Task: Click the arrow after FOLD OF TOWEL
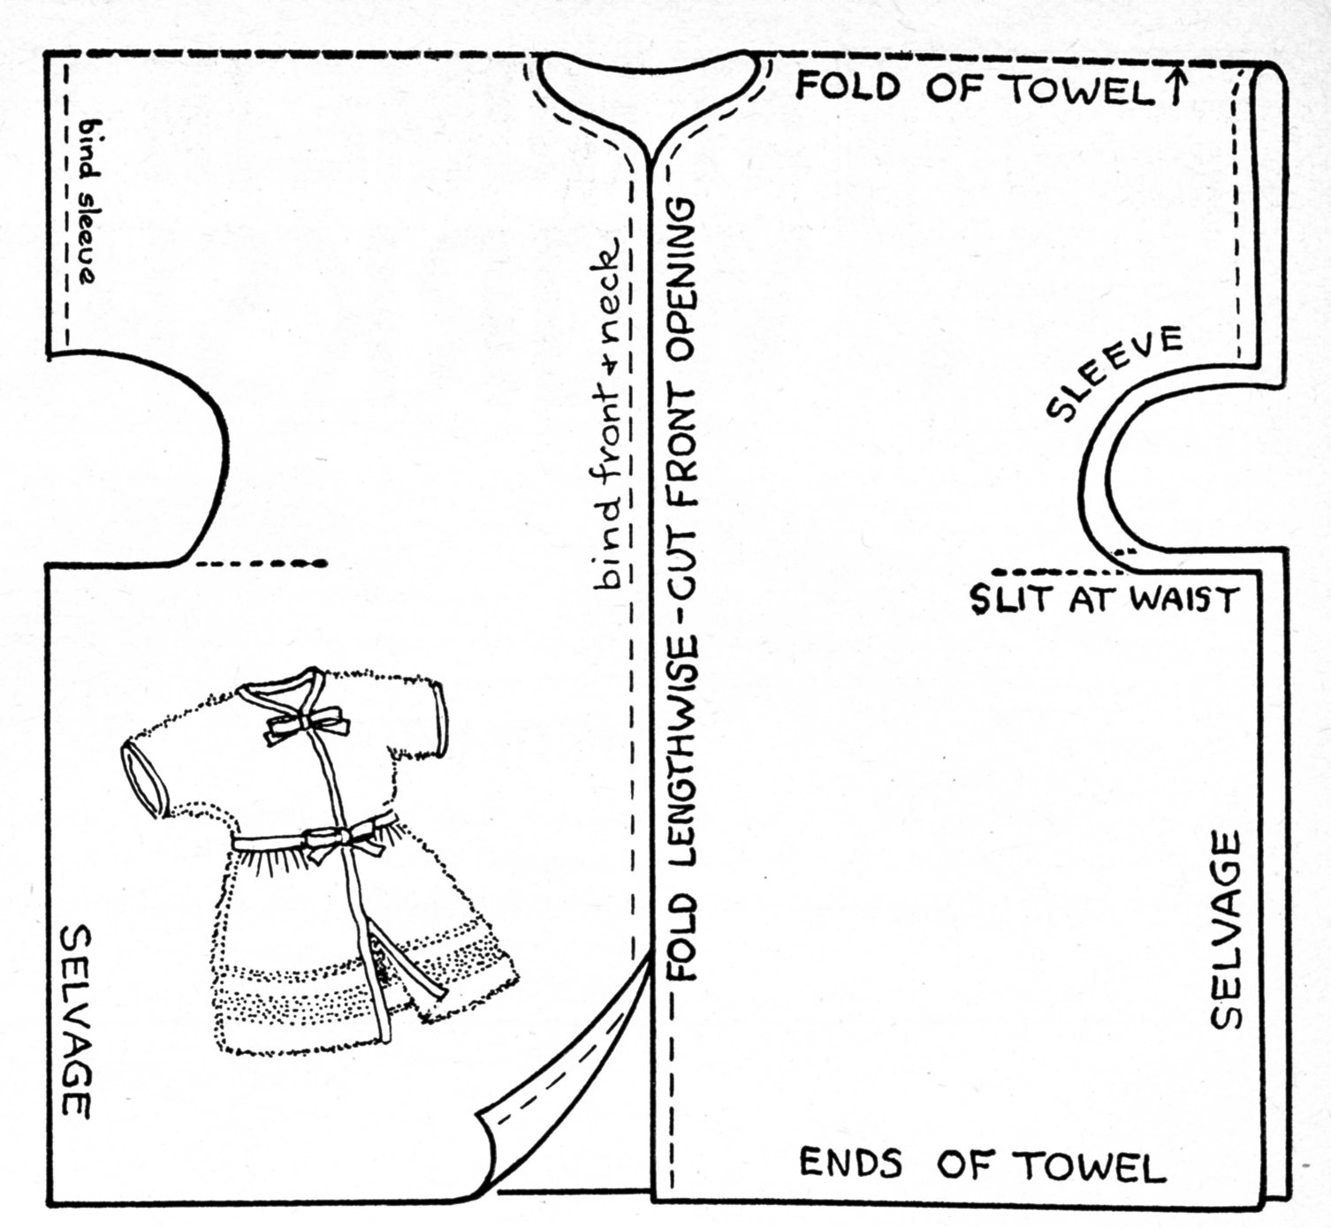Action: pos(1175,87)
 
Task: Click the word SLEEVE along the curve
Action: pos(1114,372)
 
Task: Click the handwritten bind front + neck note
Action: pos(610,415)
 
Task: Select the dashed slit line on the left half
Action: pos(260,563)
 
